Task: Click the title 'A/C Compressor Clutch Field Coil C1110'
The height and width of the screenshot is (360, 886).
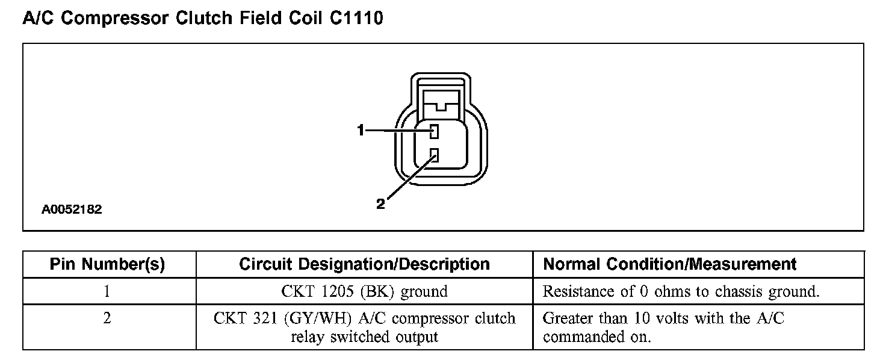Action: (203, 19)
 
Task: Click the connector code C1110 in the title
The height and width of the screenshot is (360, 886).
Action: (356, 19)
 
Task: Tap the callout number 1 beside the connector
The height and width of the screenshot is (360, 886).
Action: (361, 130)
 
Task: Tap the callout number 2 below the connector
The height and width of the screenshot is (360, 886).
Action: (380, 204)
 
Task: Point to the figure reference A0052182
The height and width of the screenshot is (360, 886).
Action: (72, 210)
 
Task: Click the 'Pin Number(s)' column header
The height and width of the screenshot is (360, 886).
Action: (107, 264)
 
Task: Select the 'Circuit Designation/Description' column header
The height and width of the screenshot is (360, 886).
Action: (364, 264)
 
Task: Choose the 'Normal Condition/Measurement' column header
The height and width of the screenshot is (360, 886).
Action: (669, 264)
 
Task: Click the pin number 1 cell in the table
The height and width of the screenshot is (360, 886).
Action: (107, 292)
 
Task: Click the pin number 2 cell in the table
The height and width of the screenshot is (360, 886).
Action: (107, 318)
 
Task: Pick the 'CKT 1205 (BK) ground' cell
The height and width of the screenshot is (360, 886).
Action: (364, 292)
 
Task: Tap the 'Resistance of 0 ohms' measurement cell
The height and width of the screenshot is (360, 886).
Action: (681, 292)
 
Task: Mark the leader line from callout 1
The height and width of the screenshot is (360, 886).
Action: (397, 131)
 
